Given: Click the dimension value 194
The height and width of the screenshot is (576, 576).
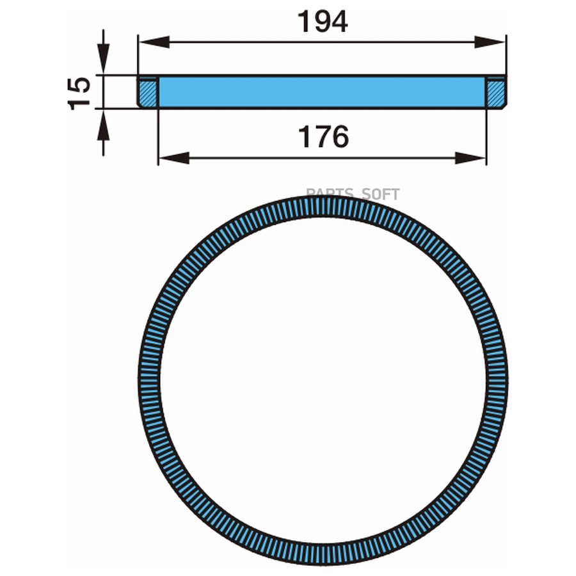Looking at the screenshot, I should (x=323, y=22).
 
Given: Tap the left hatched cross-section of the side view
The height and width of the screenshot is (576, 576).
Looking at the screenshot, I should (x=148, y=92).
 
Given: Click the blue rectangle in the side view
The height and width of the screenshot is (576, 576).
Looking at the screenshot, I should (x=323, y=92).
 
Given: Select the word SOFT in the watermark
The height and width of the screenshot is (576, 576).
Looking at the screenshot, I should (x=383, y=194).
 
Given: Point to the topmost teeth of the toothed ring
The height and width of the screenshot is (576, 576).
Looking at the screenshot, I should (x=323, y=207).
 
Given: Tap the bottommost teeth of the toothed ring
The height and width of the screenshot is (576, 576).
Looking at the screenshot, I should (x=323, y=554).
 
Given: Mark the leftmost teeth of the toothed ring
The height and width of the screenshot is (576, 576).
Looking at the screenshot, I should (x=149, y=380).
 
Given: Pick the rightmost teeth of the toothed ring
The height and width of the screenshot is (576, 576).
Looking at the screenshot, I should (x=496, y=380).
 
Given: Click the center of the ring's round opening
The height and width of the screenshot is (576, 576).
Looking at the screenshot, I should (x=323, y=380).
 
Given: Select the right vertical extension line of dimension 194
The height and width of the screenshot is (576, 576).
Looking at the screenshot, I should (x=506, y=58).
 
